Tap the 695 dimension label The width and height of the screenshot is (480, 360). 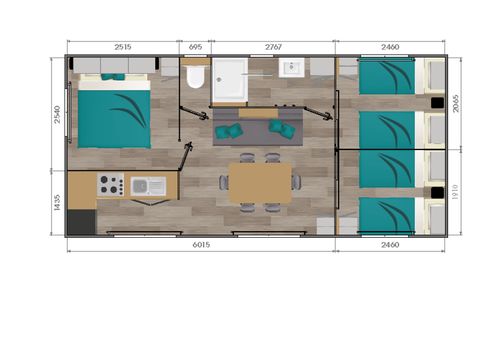195,46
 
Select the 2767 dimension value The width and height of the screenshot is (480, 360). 272,46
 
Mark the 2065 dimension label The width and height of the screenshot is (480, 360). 456,101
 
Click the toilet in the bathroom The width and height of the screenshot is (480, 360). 194,79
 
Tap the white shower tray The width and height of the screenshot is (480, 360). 233,79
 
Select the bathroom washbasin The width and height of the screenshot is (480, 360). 293,69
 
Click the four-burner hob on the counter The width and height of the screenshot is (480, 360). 111,185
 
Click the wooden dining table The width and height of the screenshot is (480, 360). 261,183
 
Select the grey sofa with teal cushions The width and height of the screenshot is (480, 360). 255,128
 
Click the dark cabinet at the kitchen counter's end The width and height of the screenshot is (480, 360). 82,219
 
